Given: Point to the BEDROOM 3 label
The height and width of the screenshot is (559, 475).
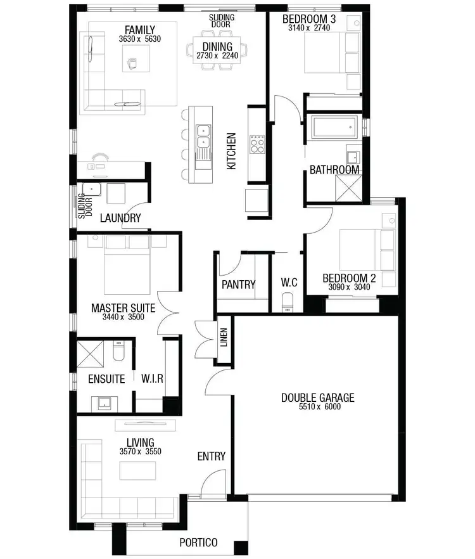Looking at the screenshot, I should click(x=309, y=20).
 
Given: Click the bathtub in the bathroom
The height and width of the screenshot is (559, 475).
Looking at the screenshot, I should click(x=334, y=130).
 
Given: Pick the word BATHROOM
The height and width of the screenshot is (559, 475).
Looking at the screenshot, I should click(x=334, y=170).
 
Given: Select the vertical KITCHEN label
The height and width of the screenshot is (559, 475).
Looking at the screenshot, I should click(x=232, y=151).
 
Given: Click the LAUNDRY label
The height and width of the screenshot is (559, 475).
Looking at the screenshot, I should click(x=120, y=218).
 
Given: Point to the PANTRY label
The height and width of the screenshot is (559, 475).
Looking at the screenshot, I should click(x=238, y=285).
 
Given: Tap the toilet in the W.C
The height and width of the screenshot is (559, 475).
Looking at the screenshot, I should click(x=288, y=301).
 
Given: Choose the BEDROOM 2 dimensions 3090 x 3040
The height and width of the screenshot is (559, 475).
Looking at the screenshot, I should click(x=349, y=287).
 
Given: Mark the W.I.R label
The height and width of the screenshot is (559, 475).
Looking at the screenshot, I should click(x=153, y=379).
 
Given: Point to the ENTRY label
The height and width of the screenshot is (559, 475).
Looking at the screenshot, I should click(x=212, y=456).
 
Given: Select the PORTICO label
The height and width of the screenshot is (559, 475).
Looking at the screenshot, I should click(x=198, y=543).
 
